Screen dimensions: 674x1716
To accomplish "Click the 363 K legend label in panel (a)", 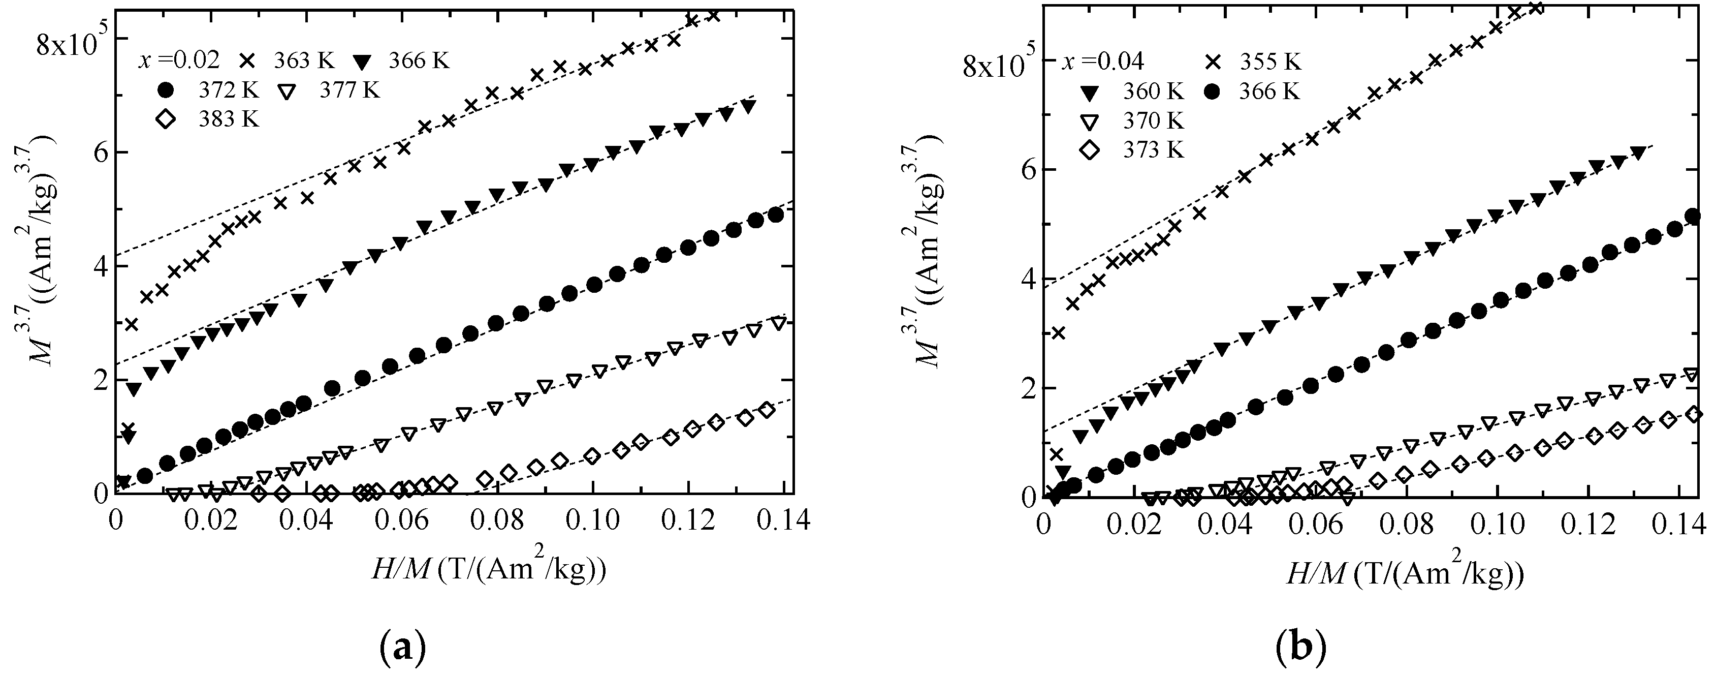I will (304, 60).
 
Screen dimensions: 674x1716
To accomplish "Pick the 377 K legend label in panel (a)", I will (349, 90).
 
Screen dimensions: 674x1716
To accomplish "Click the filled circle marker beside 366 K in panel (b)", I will (1216, 91).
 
